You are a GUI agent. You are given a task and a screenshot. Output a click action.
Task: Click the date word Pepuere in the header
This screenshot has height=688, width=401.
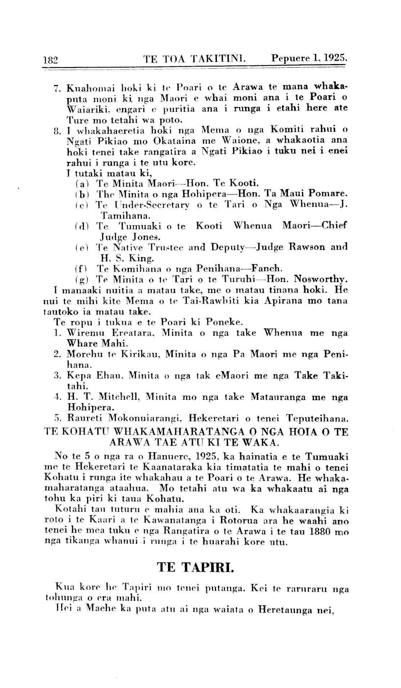tap(290, 58)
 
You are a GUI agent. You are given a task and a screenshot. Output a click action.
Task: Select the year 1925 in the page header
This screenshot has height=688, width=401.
tap(335, 58)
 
